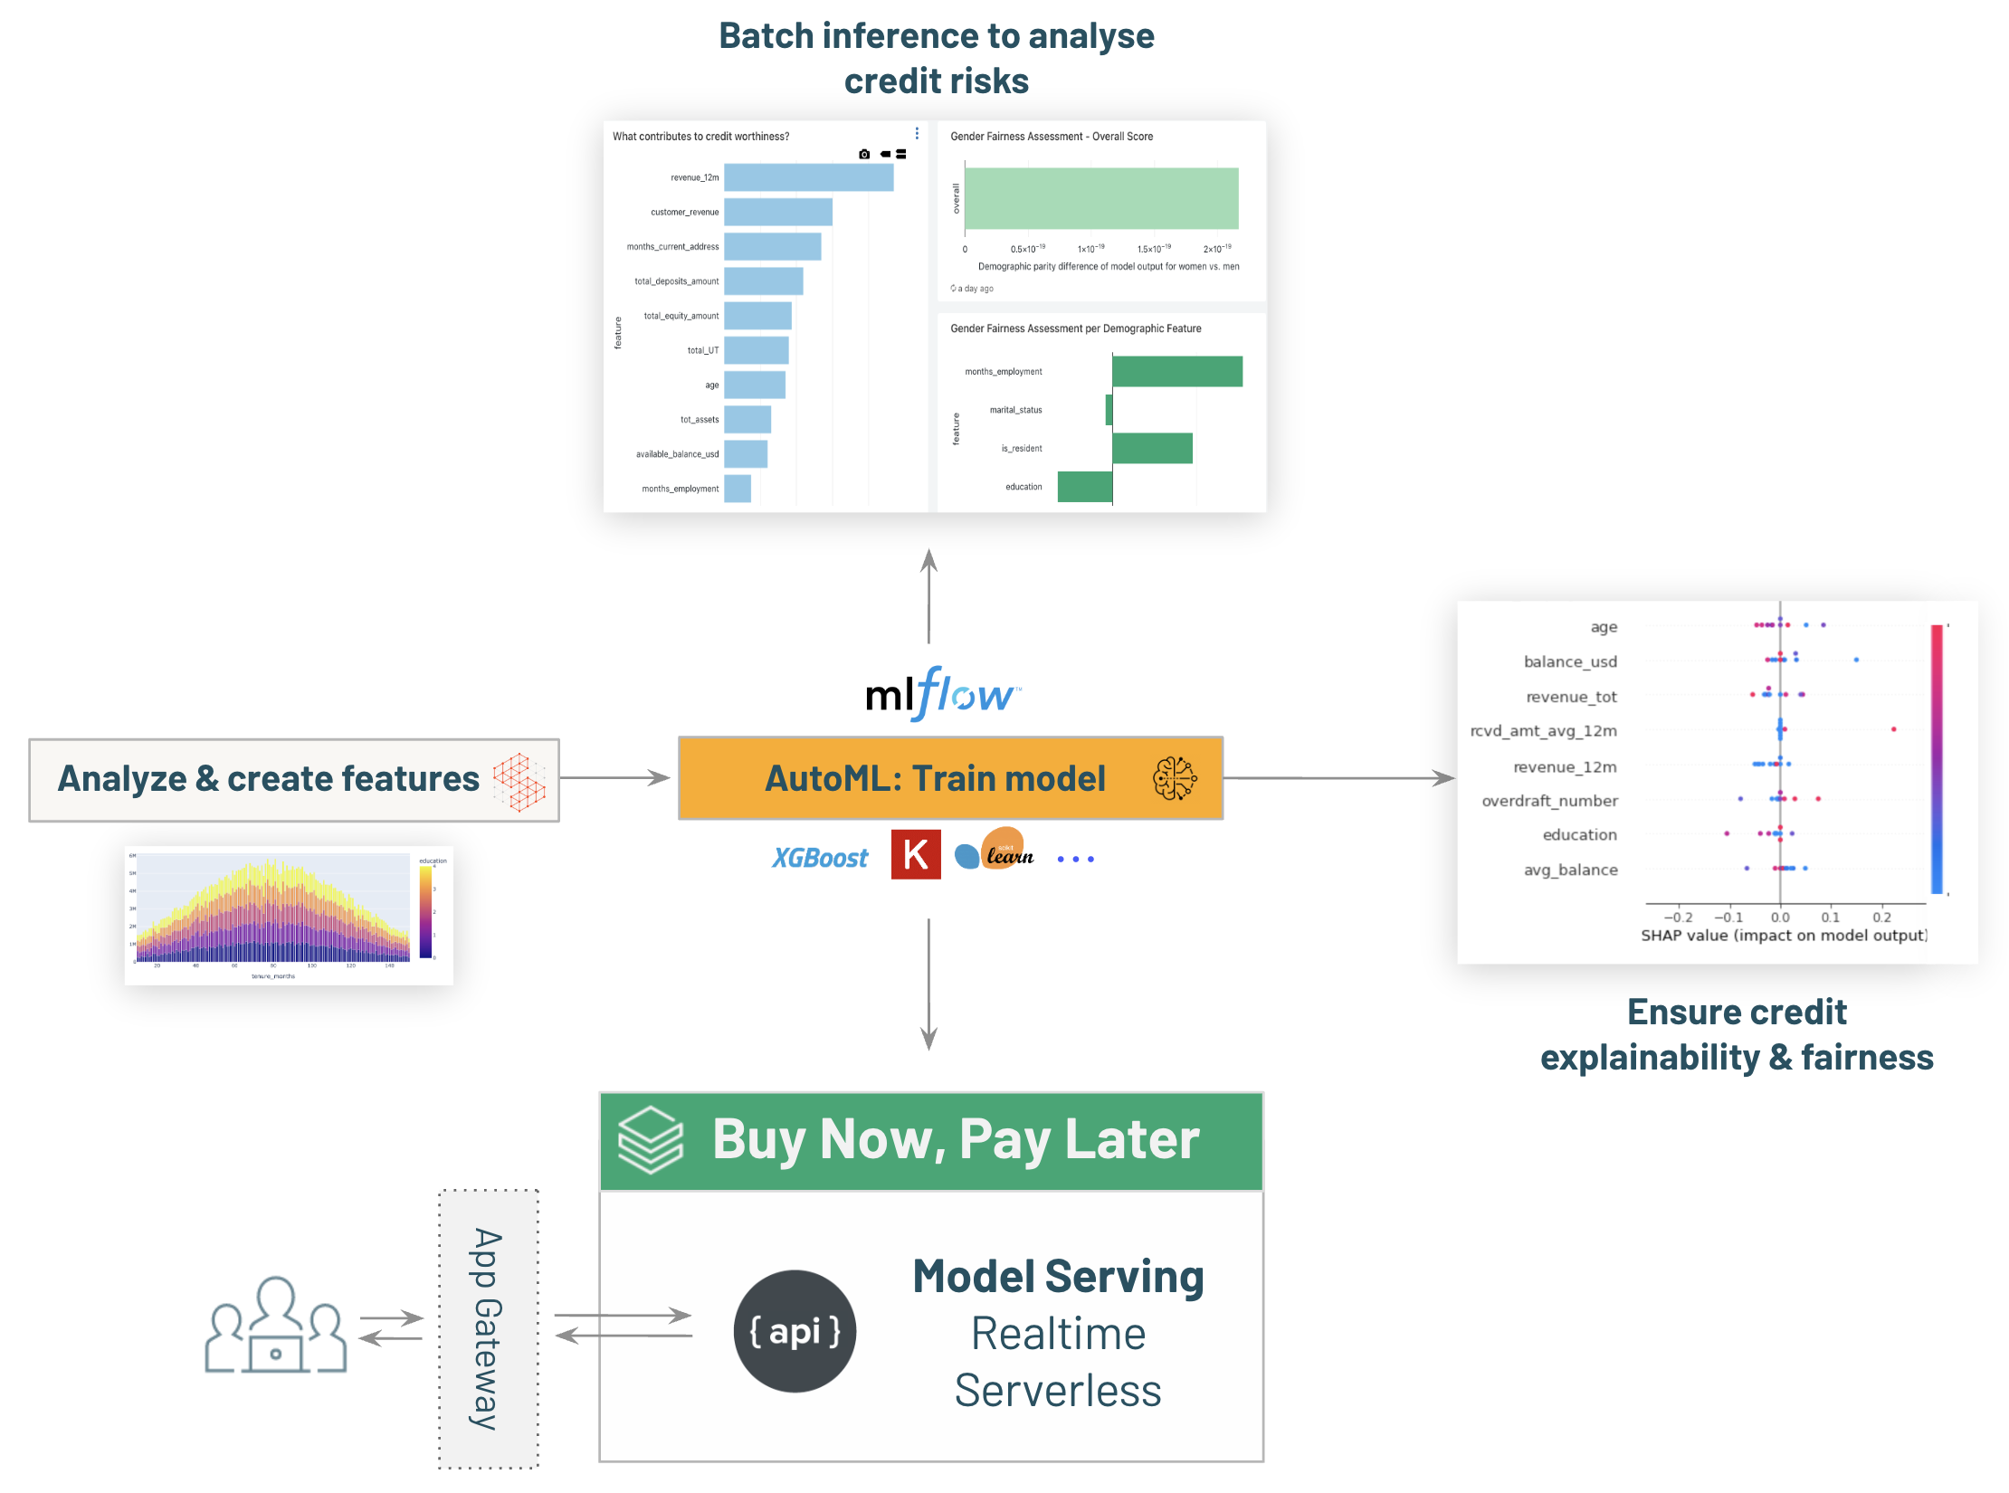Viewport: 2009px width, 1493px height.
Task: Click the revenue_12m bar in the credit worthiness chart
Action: tap(808, 177)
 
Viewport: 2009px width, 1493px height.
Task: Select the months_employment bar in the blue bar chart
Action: tap(738, 489)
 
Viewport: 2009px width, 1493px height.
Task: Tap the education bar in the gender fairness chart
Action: tap(1084, 487)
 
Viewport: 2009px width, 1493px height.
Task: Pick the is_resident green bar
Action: tap(1151, 448)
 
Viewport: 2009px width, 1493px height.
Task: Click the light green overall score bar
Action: tap(1100, 198)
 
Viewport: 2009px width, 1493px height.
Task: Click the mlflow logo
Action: tap(942, 694)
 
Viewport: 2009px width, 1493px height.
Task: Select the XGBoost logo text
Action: tap(819, 858)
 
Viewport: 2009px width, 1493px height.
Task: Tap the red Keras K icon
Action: tap(915, 854)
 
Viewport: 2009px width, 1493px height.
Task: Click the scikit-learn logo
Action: tap(996, 851)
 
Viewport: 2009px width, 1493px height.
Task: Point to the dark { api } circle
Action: tap(795, 1331)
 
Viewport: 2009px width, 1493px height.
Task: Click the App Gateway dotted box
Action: tap(489, 1328)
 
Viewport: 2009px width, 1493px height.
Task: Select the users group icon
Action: tap(275, 1327)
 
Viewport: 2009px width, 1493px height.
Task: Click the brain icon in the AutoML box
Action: tap(1174, 778)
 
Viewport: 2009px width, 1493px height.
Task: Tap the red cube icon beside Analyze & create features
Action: tap(519, 781)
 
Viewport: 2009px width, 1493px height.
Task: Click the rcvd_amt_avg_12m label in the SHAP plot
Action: tap(1543, 731)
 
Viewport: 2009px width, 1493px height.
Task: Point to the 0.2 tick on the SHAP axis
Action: tap(1881, 918)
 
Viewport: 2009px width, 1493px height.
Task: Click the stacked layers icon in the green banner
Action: tap(650, 1140)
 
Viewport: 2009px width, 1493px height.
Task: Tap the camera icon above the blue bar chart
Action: tap(864, 155)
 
